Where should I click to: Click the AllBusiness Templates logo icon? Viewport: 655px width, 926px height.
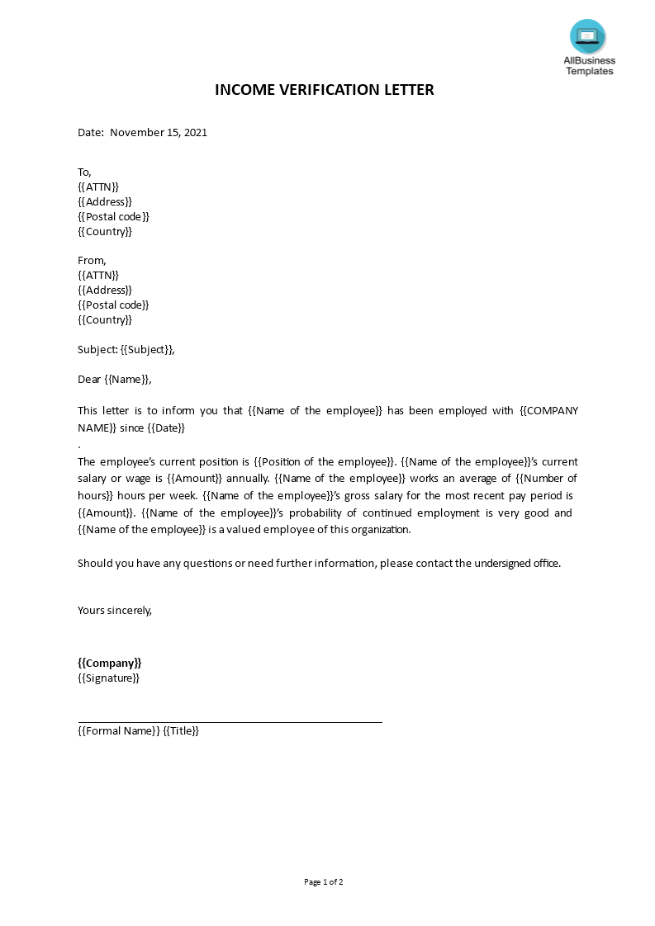[x=587, y=37]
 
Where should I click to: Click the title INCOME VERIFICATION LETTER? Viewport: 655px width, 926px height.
[x=324, y=90]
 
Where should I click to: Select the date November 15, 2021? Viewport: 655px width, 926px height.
[x=159, y=132]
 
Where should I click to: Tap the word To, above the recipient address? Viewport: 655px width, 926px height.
[x=84, y=172]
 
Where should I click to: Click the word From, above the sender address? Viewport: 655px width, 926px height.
[x=92, y=260]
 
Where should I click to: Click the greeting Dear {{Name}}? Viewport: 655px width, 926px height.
[x=115, y=379]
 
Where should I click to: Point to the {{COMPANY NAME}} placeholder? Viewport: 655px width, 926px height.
[x=548, y=411]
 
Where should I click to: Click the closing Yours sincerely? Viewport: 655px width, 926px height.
[x=115, y=610]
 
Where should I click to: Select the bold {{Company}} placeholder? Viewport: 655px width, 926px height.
[x=110, y=663]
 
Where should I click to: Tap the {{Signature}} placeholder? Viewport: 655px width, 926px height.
[x=108, y=678]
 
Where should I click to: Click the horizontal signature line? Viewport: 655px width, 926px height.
[x=230, y=722]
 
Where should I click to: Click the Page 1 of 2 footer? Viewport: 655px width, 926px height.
[x=324, y=881]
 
